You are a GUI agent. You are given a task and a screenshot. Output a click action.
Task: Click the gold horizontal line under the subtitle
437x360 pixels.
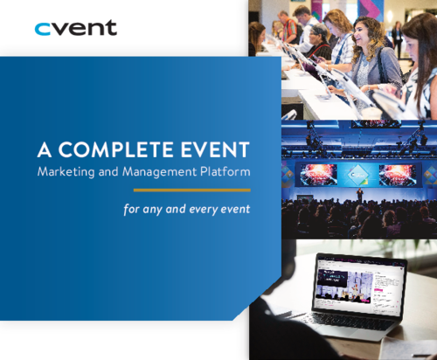[x=192, y=189]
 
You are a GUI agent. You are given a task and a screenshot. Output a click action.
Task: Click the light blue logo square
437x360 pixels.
[x=44, y=35]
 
